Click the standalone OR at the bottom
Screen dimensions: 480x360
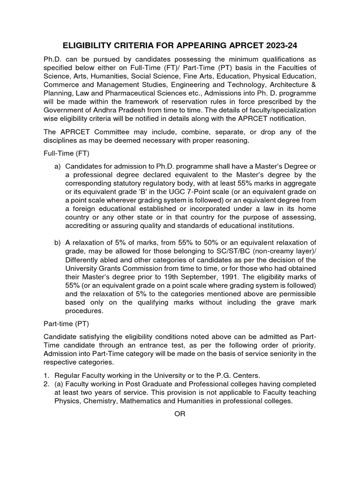pyautogui.click(x=180, y=414)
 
